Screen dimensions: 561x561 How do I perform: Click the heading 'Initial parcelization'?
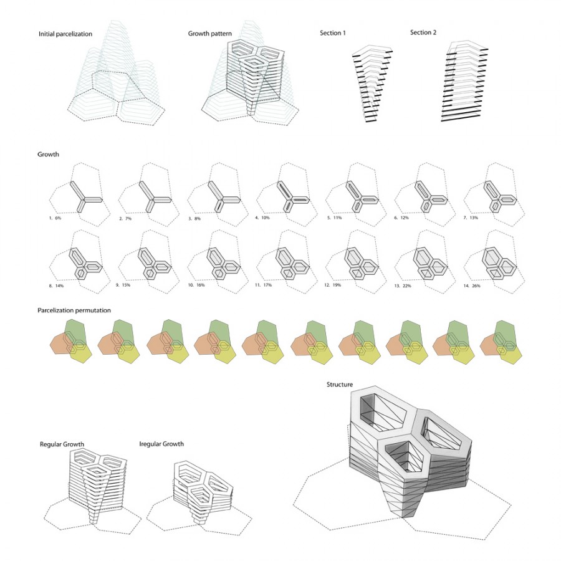click(65, 34)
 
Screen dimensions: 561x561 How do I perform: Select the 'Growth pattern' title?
click(210, 34)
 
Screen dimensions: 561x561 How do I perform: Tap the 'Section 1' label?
click(333, 33)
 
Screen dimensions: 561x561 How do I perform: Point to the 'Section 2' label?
click(423, 32)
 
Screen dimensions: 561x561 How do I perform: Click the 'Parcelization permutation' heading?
click(74, 310)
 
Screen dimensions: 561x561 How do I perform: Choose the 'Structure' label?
click(340, 385)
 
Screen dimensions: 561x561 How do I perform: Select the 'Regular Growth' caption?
click(62, 444)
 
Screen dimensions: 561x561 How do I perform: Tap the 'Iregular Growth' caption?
click(161, 444)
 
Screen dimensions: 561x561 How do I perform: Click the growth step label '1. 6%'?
click(55, 218)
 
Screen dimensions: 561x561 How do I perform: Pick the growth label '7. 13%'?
click(471, 218)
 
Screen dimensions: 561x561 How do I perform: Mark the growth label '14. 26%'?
click(472, 286)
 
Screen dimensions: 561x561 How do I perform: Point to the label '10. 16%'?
click(196, 285)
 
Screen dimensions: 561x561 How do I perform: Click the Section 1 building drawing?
click(373, 84)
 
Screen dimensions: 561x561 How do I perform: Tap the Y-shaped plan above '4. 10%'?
click(292, 198)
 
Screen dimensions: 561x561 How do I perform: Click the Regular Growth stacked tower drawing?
click(97, 486)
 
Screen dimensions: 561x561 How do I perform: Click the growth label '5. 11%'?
click(334, 218)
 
